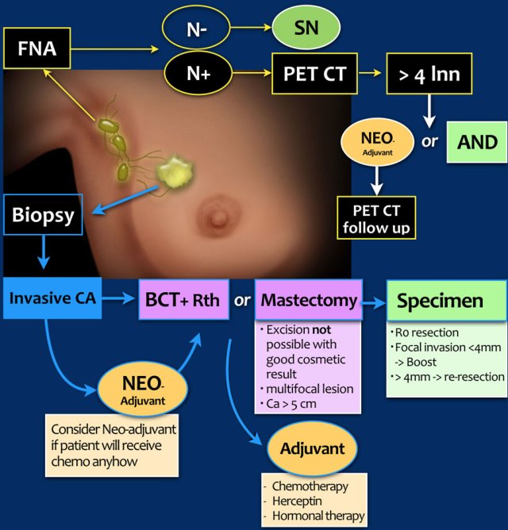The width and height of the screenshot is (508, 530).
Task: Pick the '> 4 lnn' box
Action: [x=429, y=78]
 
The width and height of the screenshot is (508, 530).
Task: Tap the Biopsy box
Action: [x=44, y=215]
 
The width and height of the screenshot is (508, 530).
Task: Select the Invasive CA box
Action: [x=52, y=298]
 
